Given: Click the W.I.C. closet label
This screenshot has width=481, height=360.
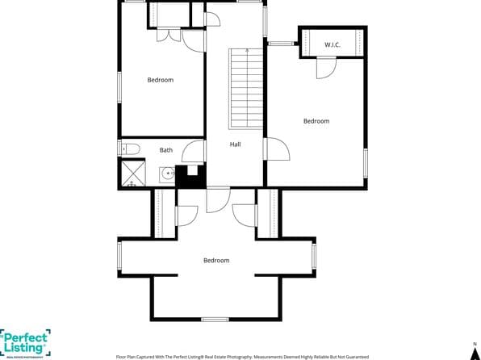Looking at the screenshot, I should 333,44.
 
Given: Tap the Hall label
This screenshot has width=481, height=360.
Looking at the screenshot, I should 235,144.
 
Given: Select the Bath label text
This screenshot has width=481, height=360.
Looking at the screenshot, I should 165,150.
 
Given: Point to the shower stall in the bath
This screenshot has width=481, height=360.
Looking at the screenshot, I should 132,174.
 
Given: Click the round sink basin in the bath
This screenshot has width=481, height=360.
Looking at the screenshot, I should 165,174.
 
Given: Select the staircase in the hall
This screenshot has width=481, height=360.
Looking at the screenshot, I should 245,88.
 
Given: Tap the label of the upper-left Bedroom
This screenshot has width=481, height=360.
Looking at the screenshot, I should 160,80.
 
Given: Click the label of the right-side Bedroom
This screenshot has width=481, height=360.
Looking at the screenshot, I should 316,121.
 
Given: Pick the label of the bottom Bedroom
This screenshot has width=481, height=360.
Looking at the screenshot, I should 216,260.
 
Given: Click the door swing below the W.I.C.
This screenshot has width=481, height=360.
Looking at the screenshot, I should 325,69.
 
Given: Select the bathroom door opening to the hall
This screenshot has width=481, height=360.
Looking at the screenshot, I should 194,151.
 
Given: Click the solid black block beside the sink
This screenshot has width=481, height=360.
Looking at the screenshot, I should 191,175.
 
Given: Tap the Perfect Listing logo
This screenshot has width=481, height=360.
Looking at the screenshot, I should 25,341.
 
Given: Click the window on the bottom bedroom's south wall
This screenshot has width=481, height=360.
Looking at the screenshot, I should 215,320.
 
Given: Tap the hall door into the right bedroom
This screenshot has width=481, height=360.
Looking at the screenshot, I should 276,149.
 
